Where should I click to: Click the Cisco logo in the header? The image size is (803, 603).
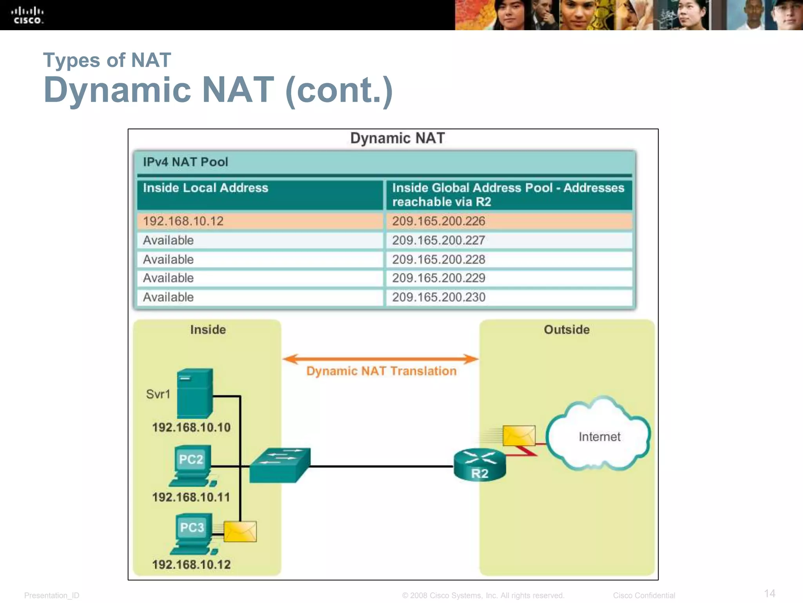click(27, 15)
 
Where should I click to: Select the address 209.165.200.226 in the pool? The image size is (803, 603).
click(438, 221)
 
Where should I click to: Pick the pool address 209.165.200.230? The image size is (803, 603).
click(438, 297)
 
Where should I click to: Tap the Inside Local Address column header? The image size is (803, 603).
click(205, 188)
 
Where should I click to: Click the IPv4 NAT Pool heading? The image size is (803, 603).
click(185, 162)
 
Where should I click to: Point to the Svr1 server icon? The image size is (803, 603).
click(195, 393)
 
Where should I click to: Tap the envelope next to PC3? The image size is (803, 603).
click(240, 532)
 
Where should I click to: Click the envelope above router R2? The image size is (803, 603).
click(519, 436)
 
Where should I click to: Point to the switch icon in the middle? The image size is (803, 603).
click(280, 465)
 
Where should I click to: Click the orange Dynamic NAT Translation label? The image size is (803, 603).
click(381, 371)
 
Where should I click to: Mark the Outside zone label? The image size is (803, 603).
click(567, 330)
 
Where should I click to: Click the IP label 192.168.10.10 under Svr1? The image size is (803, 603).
click(191, 428)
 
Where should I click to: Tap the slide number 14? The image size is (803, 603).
click(769, 593)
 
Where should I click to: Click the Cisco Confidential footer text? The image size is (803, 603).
click(644, 596)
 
